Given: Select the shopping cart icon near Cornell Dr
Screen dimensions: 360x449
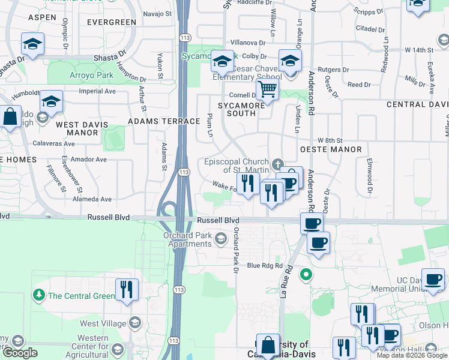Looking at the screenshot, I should tap(267, 91).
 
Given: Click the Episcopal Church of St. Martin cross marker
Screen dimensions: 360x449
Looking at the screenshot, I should tap(277, 164).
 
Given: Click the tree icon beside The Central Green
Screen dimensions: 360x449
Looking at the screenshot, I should tap(40, 295).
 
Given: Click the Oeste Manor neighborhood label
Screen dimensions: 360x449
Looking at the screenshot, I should tap(331, 149).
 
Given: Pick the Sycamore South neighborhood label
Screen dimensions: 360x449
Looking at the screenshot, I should tap(241, 109).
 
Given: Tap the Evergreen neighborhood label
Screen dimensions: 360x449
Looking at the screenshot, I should tap(112, 22).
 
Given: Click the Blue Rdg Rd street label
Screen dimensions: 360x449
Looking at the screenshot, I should tap(264, 266).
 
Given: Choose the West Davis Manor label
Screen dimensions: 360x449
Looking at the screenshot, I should tap(82, 128).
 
